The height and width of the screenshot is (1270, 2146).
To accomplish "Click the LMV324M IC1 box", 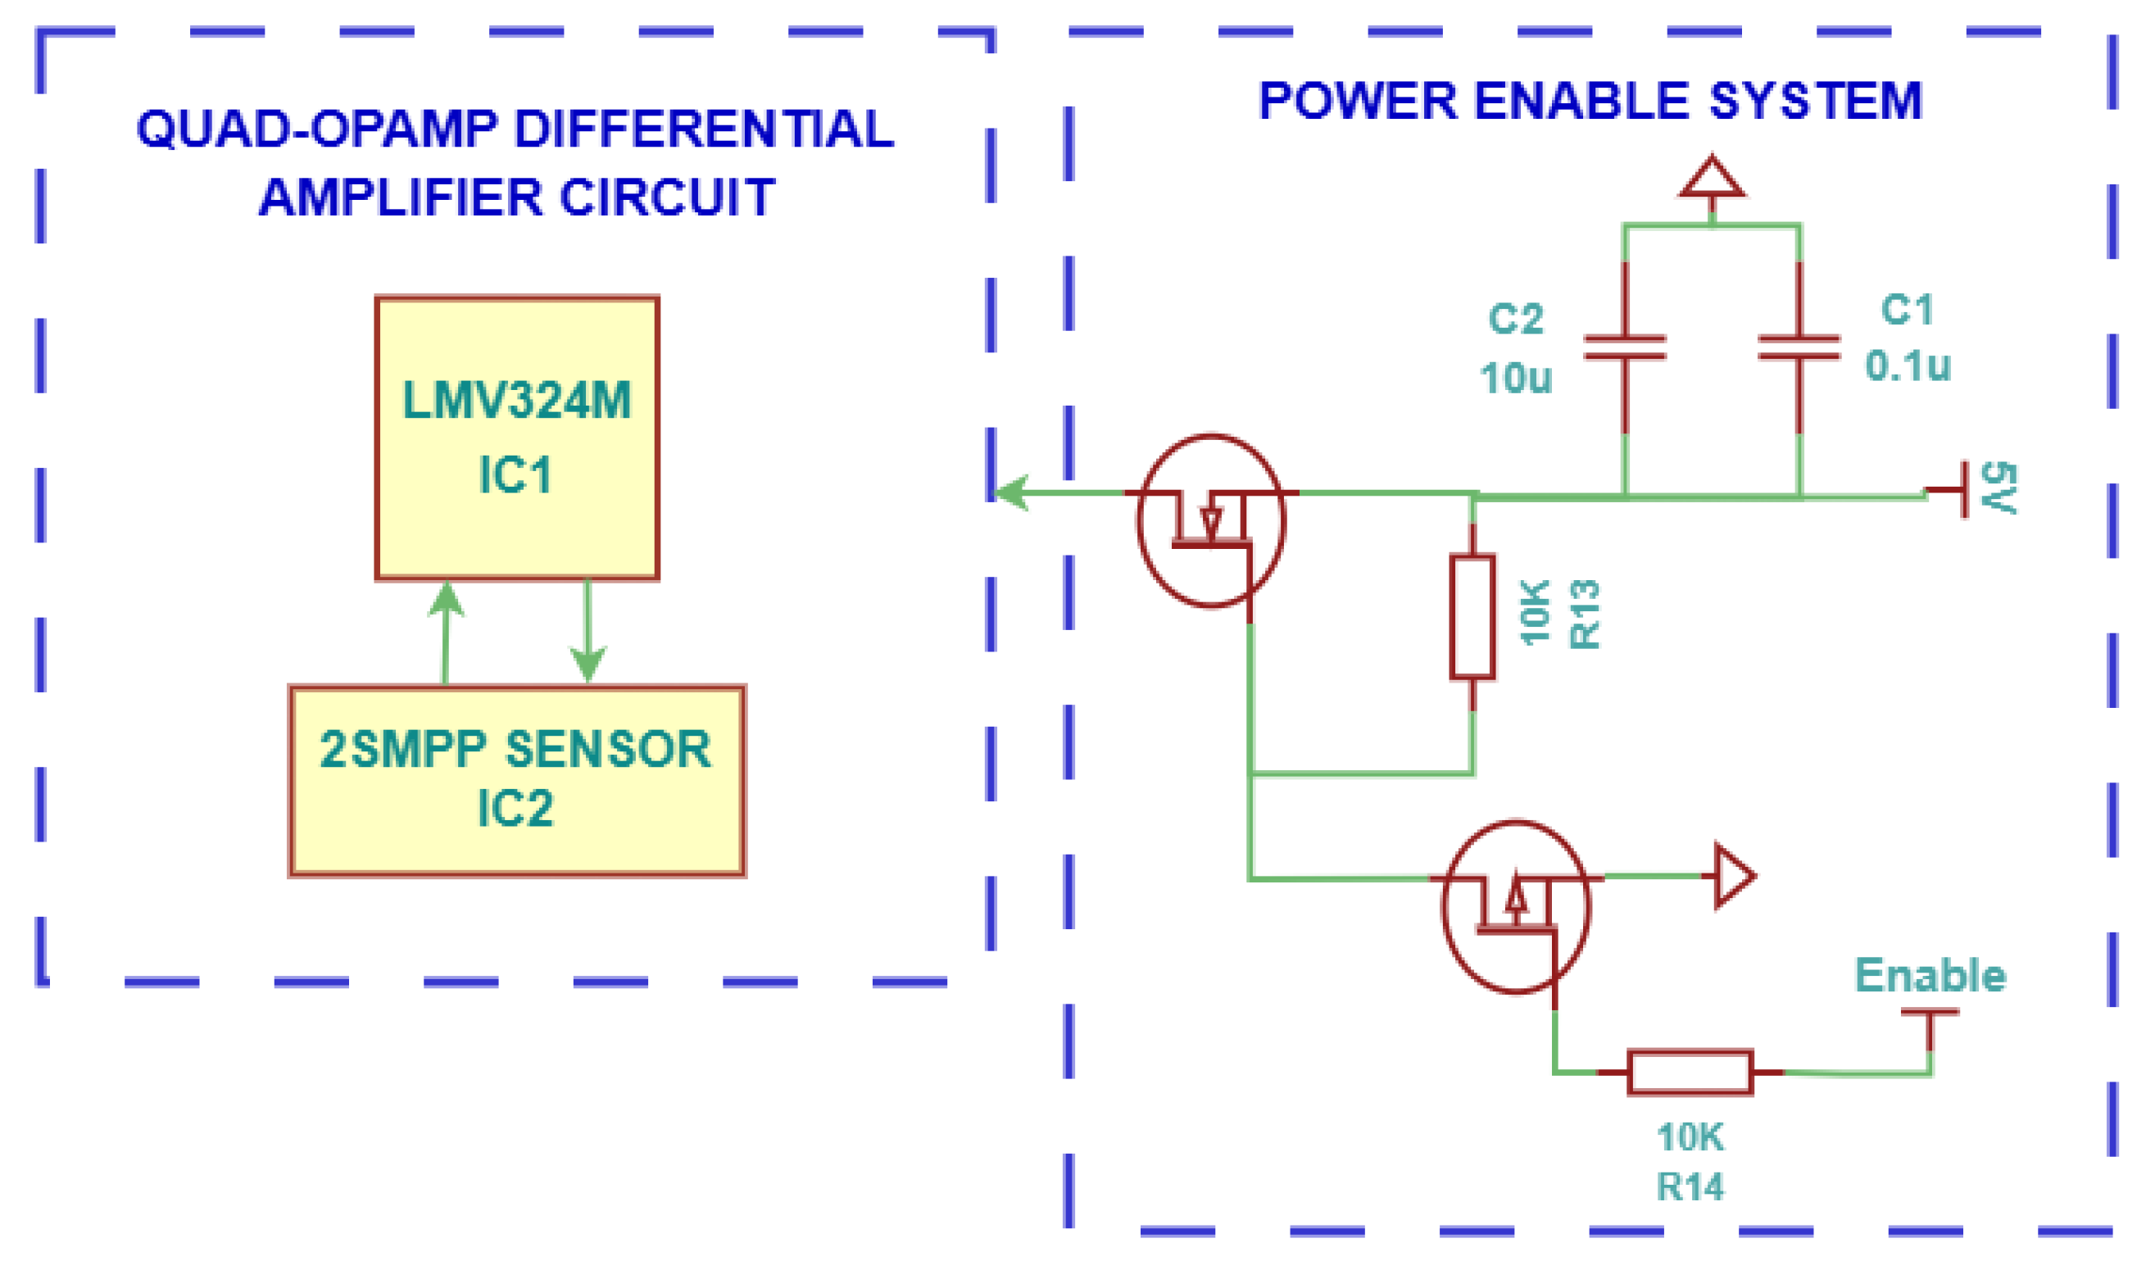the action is [x=517, y=438].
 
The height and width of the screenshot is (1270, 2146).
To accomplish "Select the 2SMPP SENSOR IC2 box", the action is [x=517, y=781].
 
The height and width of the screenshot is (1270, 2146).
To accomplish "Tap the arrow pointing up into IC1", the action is [x=446, y=633].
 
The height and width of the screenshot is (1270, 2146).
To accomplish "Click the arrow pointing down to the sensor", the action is [x=588, y=632].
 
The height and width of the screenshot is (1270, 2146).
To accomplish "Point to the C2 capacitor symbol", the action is [x=1625, y=347].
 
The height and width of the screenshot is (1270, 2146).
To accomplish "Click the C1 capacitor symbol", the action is [x=1799, y=347].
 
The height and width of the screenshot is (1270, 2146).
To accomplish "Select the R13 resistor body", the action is [x=1472, y=617].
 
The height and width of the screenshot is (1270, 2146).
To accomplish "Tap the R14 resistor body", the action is [x=1690, y=1073].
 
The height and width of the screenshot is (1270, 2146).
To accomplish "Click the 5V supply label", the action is [x=1999, y=488].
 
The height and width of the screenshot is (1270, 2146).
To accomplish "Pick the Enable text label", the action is [x=1930, y=975].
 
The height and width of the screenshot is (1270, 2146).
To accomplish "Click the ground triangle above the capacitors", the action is [x=1712, y=177].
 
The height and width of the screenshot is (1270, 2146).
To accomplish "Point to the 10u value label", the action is [x=1515, y=378].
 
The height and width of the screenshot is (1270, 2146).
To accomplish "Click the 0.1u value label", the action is [x=1908, y=365].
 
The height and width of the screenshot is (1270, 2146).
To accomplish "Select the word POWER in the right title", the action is [x=1358, y=100].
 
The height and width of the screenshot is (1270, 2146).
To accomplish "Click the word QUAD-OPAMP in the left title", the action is [x=316, y=129].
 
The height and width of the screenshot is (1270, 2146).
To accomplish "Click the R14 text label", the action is [x=1690, y=1186].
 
